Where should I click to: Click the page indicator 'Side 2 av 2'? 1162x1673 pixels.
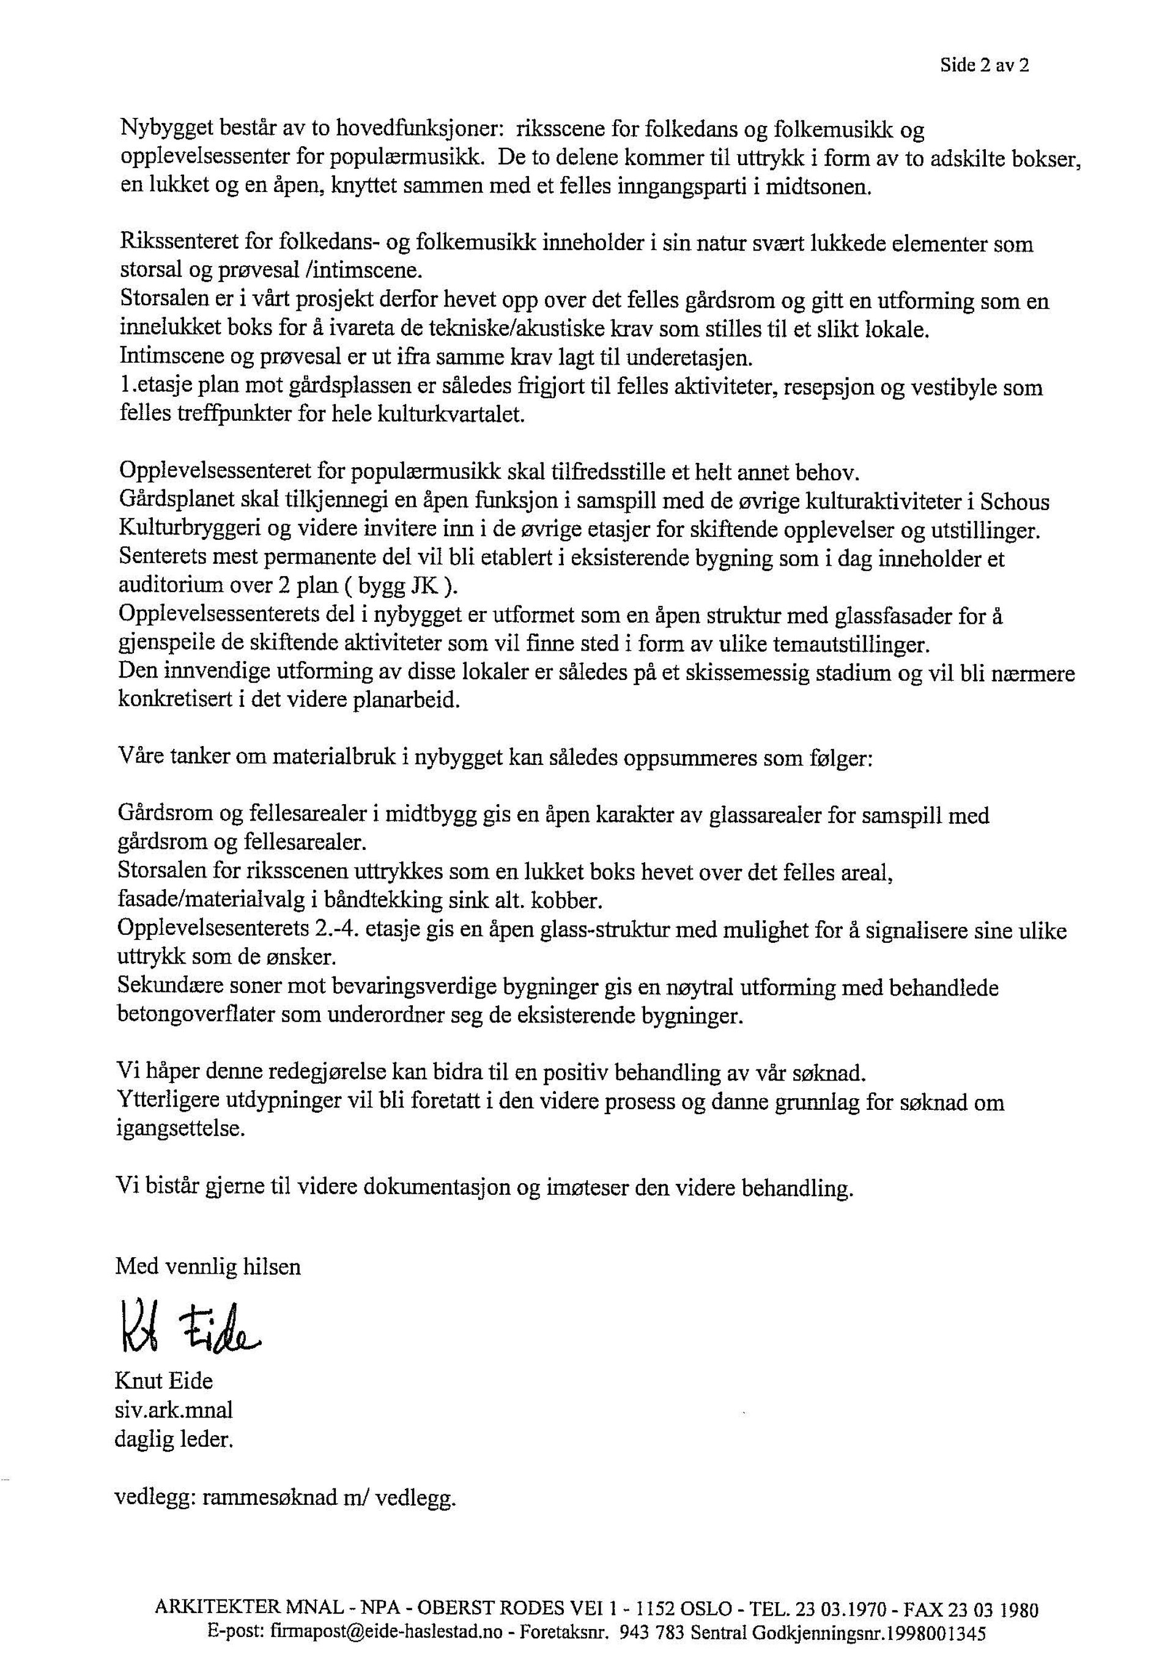pos(985,65)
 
